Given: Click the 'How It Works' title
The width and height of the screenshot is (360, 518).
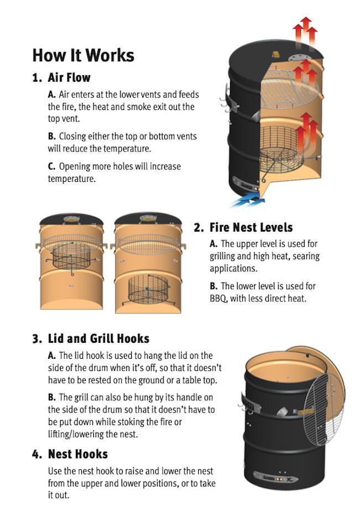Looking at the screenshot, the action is pyautogui.click(x=84, y=55).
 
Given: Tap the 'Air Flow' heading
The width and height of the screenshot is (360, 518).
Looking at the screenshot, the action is pyautogui.click(x=69, y=77).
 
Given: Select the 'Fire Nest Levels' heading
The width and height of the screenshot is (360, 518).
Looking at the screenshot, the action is pyautogui.click(x=251, y=227).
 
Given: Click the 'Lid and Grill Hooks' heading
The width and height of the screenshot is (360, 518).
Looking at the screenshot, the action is pyautogui.click(x=98, y=339).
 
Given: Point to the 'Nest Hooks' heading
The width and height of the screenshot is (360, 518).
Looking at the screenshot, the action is pyautogui.click(x=78, y=454).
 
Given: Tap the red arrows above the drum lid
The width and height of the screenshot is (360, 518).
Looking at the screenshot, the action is pyautogui.click(x=305, y=32).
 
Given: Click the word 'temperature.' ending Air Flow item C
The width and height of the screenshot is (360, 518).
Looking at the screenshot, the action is pyautogui.click(x=72, y=179).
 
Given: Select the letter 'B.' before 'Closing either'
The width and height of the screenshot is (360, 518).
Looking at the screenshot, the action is pyautogui.click(x=52, y=137).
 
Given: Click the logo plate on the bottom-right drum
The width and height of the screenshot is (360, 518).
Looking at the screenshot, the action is pyautogui.click(x=275, y=478).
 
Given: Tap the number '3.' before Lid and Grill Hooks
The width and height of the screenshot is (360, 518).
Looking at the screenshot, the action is pyautogui.click(x=37, y=339).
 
